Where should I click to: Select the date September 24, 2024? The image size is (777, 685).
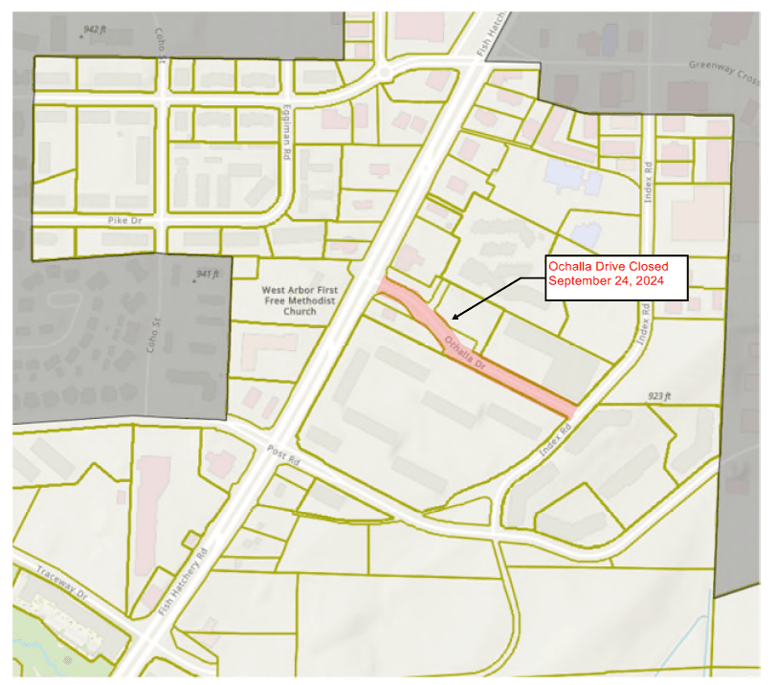click(x=605, y=281)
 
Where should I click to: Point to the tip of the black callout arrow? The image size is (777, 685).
click(x=453, y=319)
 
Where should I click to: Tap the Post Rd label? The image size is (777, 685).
click(x=284, y=457)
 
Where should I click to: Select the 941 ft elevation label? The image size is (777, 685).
click(x=208, y=275)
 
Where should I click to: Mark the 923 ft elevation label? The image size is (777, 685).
click(x=660, y=396)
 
